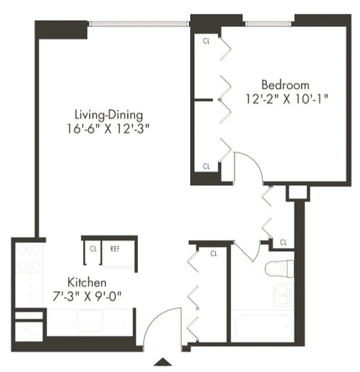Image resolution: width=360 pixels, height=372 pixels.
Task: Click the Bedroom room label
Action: pyautogui.click(x=285, y=85)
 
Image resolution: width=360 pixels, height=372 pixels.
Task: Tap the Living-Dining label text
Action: pyautogui.click(x=109, y=114)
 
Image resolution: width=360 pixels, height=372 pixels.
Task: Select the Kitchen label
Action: pyautogui.click(x=87, y=282)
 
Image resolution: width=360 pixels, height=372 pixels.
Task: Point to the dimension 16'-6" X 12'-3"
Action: pyautogui.click(x=110, y=128)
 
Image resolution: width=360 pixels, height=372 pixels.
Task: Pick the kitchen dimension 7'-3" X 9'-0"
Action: pyautogui.click(x=88, y=295)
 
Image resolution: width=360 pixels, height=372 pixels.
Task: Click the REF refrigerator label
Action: pyautogui.click(x=115, y=248)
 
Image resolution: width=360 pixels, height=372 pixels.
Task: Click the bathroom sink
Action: pyautogui.click(x=284, y=294)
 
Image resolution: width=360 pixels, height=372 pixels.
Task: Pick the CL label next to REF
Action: pyautogui.click(x=93, y=248)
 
